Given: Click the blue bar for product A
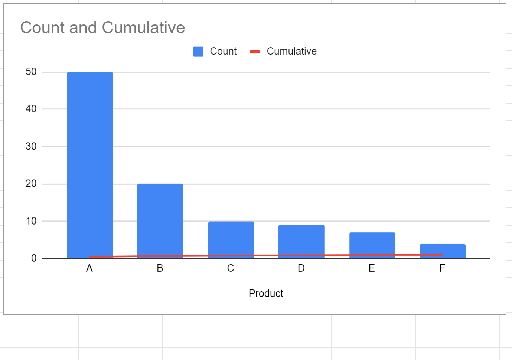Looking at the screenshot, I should point(90,163).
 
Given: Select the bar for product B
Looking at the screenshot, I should point(160,219).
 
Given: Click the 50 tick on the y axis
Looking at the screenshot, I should point(31,72).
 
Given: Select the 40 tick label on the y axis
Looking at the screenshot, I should point(31,109).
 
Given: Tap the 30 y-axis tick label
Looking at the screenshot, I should point(31,146).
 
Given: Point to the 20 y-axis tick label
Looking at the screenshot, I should point(31,183).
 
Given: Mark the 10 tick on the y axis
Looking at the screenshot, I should point(31,221).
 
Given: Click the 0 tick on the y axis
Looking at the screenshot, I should point(34,258).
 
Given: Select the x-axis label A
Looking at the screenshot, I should point(89,268).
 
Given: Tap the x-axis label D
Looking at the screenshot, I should point(301,268).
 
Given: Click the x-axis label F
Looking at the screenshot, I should point(442,268).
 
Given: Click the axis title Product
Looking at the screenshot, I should point(266,293).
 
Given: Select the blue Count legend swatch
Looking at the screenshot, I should point(198,52).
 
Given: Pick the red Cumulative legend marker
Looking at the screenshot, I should point(255,52).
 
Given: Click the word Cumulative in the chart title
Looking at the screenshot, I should point(143,27).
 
